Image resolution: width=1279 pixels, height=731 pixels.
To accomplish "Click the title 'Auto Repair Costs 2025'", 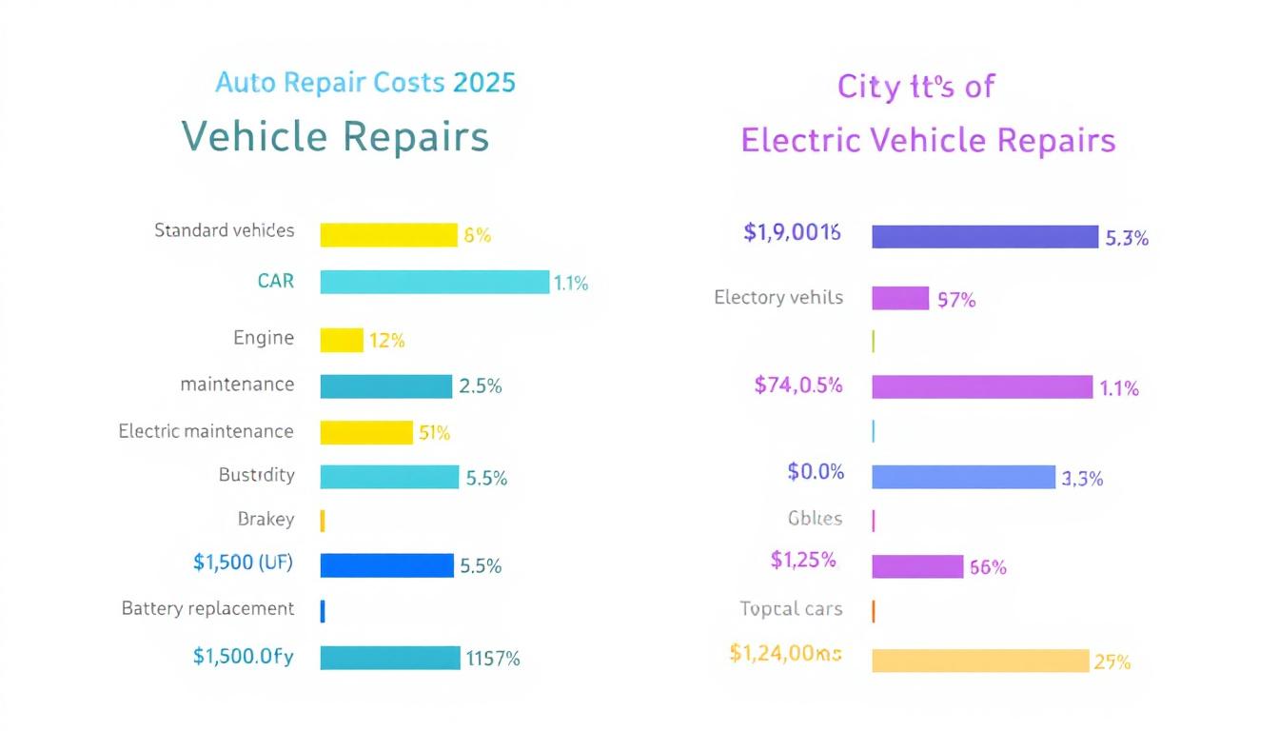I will coord(365,83).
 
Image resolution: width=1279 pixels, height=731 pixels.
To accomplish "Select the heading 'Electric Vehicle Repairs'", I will coord(928,141).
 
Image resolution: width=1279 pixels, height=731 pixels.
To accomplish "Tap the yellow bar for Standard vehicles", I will coord(388,235).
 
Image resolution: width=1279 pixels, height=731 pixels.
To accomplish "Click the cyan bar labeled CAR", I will coord(434,282).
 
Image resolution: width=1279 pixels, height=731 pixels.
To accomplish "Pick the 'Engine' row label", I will coord(264,338).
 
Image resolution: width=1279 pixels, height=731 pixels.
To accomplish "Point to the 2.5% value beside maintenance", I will coord(480,386).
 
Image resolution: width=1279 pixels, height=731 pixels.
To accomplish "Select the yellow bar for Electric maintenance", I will coord(366,432).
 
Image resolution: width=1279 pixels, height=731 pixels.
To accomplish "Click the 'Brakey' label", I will coord(266,520).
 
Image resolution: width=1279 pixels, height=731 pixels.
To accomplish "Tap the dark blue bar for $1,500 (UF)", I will coord(386,565).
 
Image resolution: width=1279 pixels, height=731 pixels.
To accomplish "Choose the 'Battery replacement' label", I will coord(208,608).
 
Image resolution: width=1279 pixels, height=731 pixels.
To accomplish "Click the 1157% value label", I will coord(492,658).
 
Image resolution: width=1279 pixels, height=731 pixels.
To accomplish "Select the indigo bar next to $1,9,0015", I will coord(985,237).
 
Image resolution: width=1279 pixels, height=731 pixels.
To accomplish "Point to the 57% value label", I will coord(956,300).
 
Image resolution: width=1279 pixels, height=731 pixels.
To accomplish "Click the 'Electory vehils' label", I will coord(778,298).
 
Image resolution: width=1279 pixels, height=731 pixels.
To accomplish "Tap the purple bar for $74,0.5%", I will coord(982,387).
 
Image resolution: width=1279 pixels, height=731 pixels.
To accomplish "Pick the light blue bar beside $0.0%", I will coord(963,477).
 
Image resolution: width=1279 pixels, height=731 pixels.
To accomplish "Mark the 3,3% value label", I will coord(1082,479).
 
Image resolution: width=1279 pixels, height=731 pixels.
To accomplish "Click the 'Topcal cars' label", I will coord(791,609).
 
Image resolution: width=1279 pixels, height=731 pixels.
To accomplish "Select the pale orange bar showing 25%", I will coord(980,661).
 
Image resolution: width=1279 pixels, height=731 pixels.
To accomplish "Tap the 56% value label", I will coord(988,568).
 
